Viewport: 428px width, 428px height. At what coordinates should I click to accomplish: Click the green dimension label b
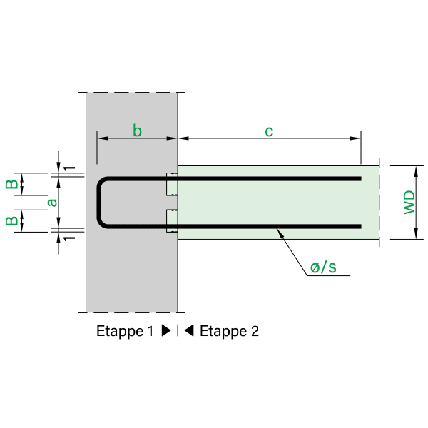[138, 130]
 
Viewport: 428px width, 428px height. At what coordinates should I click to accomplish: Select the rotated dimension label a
[51, 203]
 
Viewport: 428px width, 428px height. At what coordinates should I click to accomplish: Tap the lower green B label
[13, 220]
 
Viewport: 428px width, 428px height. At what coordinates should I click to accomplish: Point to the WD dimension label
[409, 203]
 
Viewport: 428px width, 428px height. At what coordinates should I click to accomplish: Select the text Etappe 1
[125, 331]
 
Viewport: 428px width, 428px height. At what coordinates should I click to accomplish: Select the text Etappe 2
[229, 331]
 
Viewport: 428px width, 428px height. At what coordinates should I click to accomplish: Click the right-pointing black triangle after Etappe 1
[166, 331]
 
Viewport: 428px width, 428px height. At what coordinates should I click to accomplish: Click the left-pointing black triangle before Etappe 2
[189, 331]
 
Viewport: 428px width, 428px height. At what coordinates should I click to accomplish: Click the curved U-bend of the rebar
[100, 203]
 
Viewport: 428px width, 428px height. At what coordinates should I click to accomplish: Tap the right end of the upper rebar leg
[360, 178]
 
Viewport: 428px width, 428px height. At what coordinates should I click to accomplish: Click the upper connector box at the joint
[171, 185]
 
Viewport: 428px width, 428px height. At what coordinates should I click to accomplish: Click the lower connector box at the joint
[171, 221]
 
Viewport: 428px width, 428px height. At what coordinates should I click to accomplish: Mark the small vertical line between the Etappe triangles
[178, 331]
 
